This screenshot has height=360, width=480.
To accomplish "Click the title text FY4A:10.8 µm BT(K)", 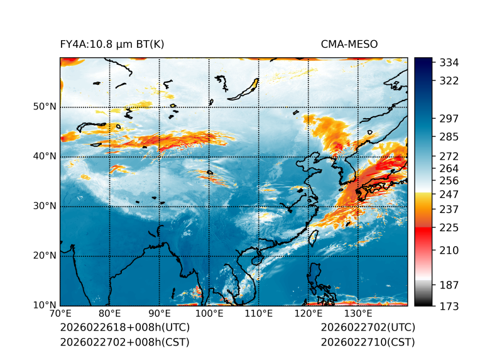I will [x=112, y=44].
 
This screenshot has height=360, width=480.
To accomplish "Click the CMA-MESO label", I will [x=349, y=44].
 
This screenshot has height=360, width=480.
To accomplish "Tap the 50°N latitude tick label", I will [x=45, y=107].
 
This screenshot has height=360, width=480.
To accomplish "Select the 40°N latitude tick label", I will [x=45, y=156].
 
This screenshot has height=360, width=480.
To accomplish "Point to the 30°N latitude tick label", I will [x=45, y=206].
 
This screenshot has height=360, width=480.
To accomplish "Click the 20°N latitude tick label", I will [x=45, y=256].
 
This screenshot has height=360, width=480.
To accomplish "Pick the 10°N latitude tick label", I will [x=45, y=305].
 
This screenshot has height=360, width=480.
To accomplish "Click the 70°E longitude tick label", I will [x=60, y=314].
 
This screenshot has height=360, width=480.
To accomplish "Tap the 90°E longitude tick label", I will [x=160, y=314].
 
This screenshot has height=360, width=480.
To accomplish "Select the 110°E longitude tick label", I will [x=258, y=314].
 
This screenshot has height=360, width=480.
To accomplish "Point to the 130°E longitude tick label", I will [x=357, y=314].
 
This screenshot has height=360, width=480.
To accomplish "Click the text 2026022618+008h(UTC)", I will [x=124, y=328].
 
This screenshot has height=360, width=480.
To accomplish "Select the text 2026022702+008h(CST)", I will [x=124, y=342].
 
